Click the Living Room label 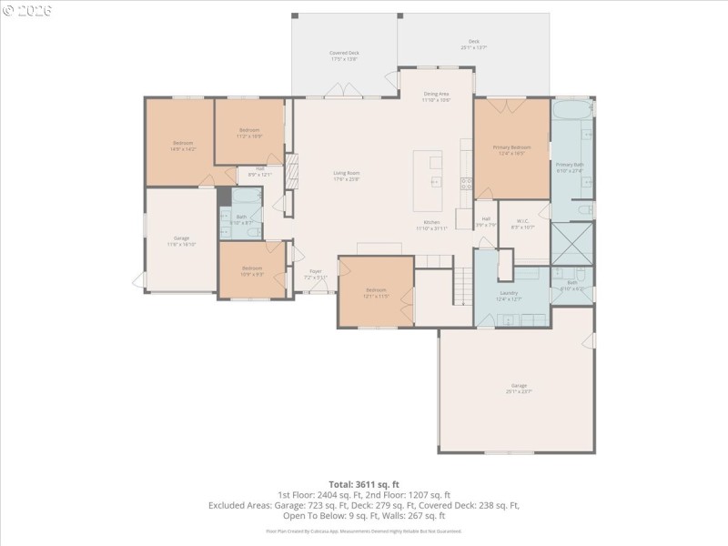(347, 176)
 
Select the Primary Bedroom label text (511, 150)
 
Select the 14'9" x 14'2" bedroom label (184, 146)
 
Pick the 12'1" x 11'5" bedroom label (376, 293)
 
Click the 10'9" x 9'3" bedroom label (252, 270)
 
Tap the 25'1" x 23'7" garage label (519, 389)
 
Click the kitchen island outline (428, 180)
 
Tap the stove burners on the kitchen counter (466, 186)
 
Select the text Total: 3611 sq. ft (364, 484)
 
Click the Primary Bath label (571, 167)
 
